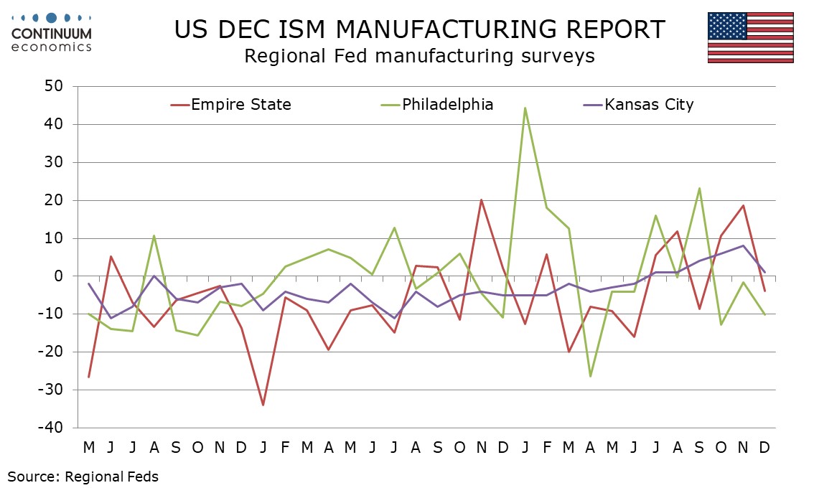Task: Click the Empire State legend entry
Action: [x=240, y=105]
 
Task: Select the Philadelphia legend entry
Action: [x=447, y=105]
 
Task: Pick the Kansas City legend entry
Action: [x=649, y=105]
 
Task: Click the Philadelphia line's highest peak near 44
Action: [x=525, y=108]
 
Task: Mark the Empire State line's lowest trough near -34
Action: [x=263, y=405]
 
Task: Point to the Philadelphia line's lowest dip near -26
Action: [x=590, y=376]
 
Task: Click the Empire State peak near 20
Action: [x=481, y=200]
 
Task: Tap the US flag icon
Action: [x=750, y=37]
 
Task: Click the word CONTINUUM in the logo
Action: [x=52, y=33]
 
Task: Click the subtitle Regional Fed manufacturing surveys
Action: [x=419, y=56]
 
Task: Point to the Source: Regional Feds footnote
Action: [x=83, y=476]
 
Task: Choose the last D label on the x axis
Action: [x=764, y=448]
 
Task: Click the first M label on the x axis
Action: [x=89, y=448]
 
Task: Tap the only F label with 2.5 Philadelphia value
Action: [x=285, y=448]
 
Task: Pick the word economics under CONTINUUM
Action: [x=52, y=47]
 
